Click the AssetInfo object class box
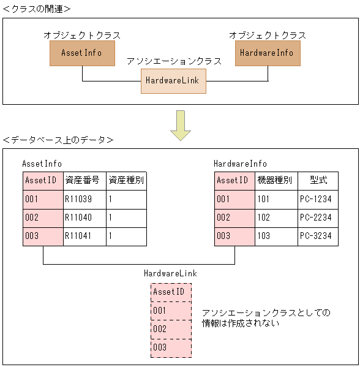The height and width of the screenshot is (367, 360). pos(82,53)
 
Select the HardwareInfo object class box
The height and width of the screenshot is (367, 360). pos(268,53)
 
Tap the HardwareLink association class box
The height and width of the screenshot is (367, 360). pos(173,80)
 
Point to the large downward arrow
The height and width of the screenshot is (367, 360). pos(181,124)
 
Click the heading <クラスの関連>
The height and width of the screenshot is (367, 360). pos(37,9)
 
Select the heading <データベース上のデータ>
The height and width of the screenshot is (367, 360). pos(58,140)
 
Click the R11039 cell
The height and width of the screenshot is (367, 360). pos(84,199)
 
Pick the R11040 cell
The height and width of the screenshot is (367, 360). pos(84,218)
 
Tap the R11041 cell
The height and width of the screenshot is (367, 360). pos(84,236)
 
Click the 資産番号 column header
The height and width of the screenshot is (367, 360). pos(84,181)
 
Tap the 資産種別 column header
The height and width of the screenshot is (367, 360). pos(126,181)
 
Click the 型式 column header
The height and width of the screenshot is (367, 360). pos(318,181)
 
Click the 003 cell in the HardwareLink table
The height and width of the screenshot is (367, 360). pos(171,347)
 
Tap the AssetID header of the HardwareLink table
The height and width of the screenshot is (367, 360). pos(171,292)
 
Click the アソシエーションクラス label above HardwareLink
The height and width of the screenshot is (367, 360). pos(174,62)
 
